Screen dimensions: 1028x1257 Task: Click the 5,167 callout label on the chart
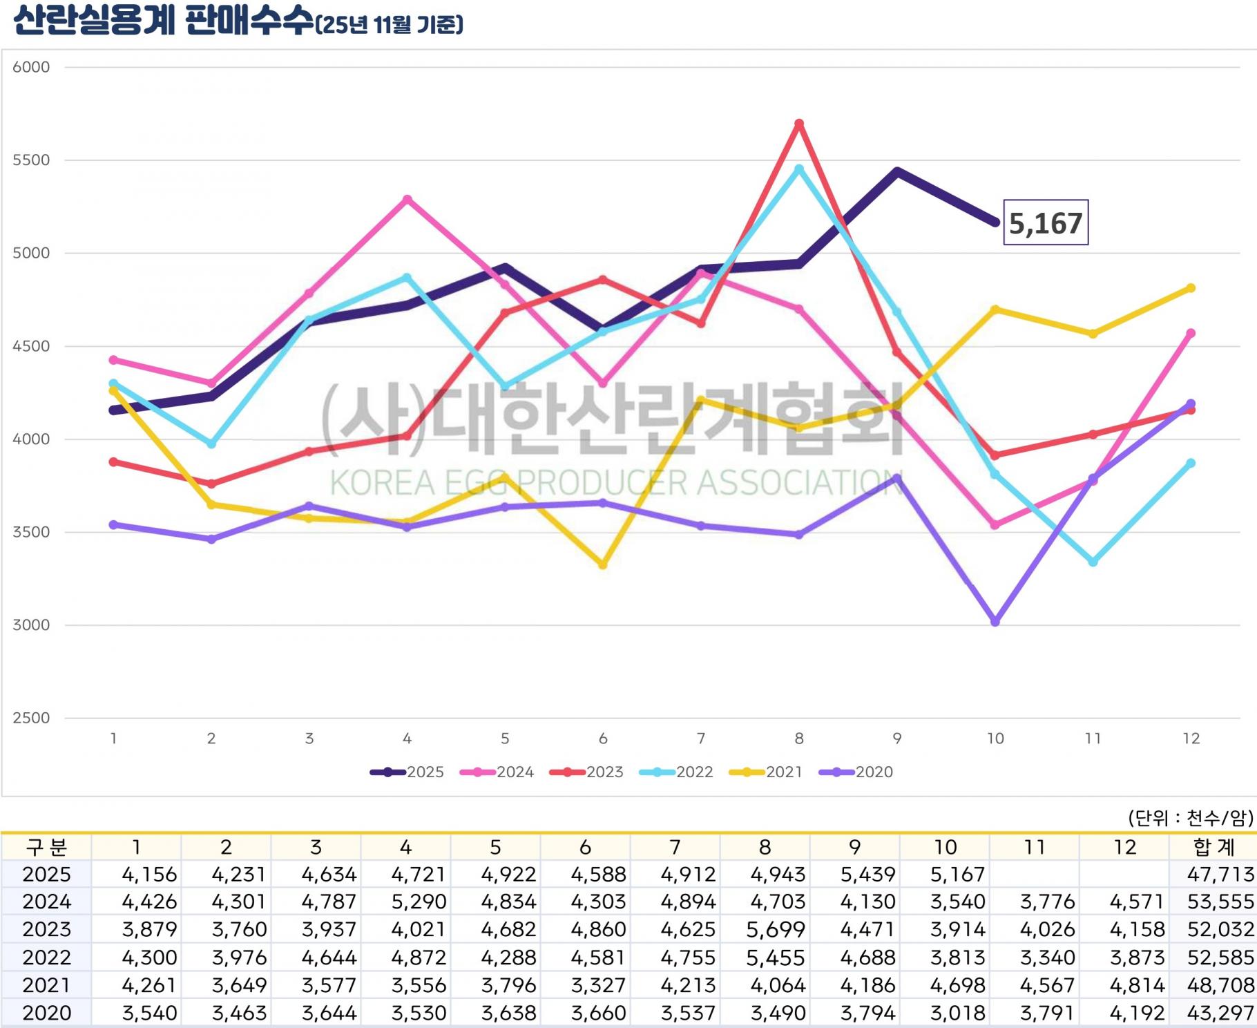[x=1045, y=222]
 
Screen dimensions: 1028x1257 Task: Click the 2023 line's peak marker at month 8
[x=799, y=124]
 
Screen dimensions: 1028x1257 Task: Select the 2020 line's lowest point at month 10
[x=995, y=622]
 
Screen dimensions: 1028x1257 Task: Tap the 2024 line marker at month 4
[x=407, y=200]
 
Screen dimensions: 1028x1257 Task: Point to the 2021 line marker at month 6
[x=603, y=565]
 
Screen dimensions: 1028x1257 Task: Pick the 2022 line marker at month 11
[x=1093, y=562]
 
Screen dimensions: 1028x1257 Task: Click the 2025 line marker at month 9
[x=897, y=171]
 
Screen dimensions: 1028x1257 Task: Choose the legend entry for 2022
[x=676, y=772]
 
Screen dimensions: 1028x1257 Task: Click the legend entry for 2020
[x=856, y=772]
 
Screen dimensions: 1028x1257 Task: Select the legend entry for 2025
[x=407, y=772]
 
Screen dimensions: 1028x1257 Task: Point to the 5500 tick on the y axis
[x=31, y=160]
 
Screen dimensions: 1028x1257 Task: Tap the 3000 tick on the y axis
[x=31, y=625]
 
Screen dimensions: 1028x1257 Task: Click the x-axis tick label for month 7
[x=701, y=739]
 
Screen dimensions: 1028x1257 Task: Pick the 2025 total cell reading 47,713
[x=1220, y=875]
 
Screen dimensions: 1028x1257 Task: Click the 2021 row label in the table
[x=46, y=985]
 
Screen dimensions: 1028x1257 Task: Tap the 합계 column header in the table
[x=1213, y=847]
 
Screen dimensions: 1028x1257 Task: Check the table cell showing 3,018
[x=957, y=1013]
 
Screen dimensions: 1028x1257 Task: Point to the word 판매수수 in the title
[x=250, y=21]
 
